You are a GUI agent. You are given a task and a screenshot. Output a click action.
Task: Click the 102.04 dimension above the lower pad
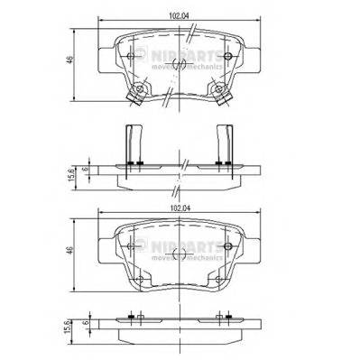pyautogui.click(x=180, y=209)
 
